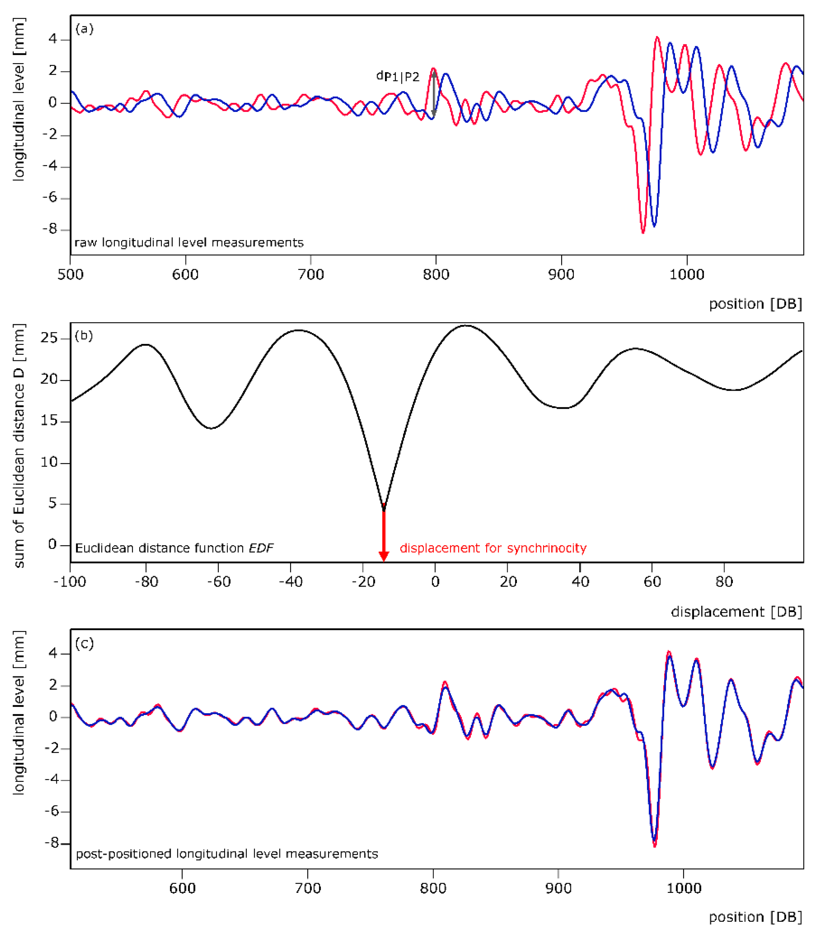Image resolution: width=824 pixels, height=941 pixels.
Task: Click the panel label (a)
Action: pos(84,29)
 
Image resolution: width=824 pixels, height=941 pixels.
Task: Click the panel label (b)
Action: pos(84,336)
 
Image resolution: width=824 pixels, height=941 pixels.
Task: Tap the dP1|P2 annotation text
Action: pos(398,77)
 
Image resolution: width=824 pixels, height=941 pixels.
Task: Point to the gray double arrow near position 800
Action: pos(433,93)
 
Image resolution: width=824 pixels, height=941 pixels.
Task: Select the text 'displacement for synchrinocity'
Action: pos(493,548)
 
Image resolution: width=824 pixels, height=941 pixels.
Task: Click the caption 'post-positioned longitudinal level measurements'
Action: pos(227,854)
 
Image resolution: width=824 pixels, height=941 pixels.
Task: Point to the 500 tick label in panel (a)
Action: pos(70,275)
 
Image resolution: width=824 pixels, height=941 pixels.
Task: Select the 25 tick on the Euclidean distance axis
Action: pos(49,339)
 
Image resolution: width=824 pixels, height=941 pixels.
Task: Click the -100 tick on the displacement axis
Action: pos(69,582)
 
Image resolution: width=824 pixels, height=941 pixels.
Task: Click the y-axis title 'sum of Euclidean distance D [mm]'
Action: pos(19,446)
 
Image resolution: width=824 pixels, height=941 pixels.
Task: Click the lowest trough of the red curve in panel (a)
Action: pos(643,232)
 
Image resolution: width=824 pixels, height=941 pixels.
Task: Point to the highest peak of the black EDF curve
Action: pos(466,326)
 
